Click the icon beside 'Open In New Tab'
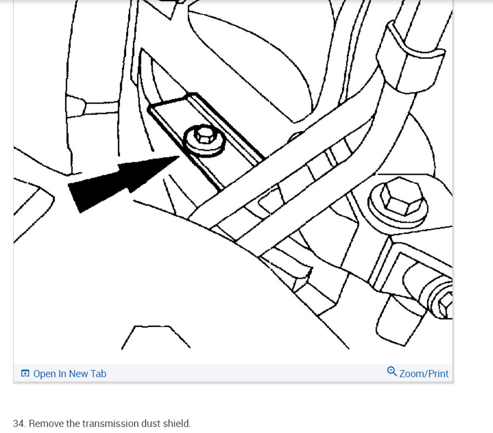(x=25, y=373)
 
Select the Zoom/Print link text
(x=423, y=374)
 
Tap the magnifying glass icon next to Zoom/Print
(x=392, y=372)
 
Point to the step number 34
(x=20, y=423)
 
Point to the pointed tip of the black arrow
(x=179, y=156)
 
